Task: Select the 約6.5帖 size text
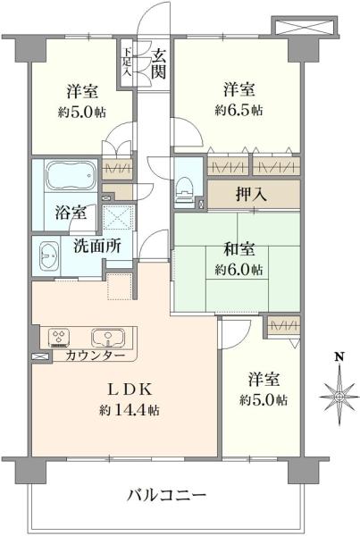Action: [238, 111]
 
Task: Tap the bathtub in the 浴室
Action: [69, 176]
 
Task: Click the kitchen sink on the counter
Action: [105, 338]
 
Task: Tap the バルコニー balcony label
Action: [166, 494]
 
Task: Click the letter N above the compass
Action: [339, 357]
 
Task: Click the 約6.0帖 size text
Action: [238, 269]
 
